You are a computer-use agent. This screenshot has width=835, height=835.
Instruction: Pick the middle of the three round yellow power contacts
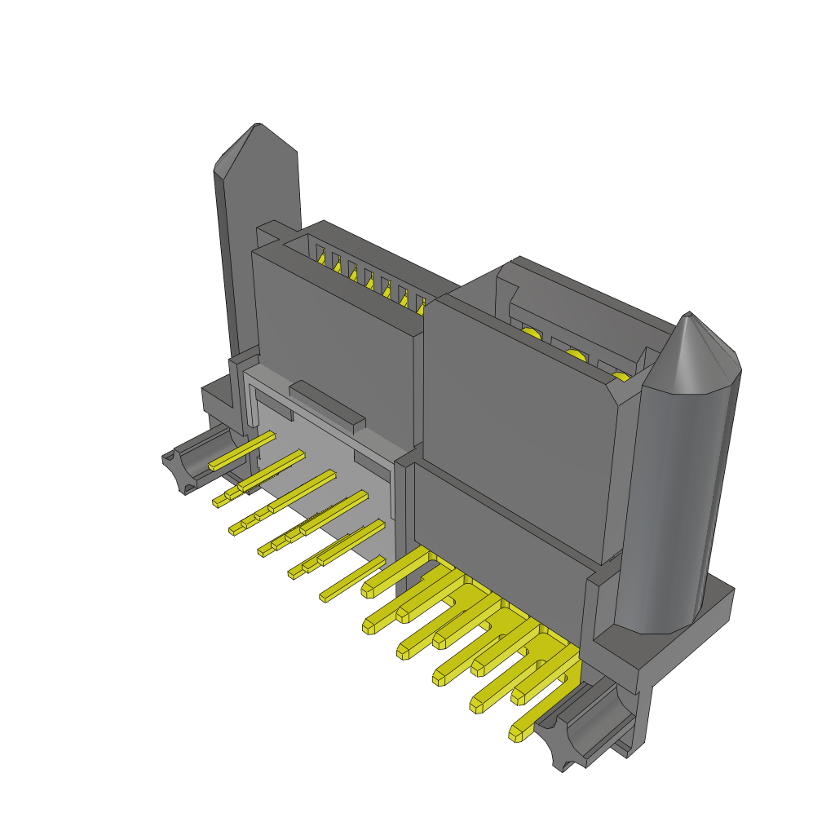[x=576, y=354]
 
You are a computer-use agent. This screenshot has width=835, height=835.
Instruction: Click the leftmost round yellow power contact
[x=531, y=333]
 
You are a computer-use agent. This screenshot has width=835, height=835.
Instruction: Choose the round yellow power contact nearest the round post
[x=621, y=376]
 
